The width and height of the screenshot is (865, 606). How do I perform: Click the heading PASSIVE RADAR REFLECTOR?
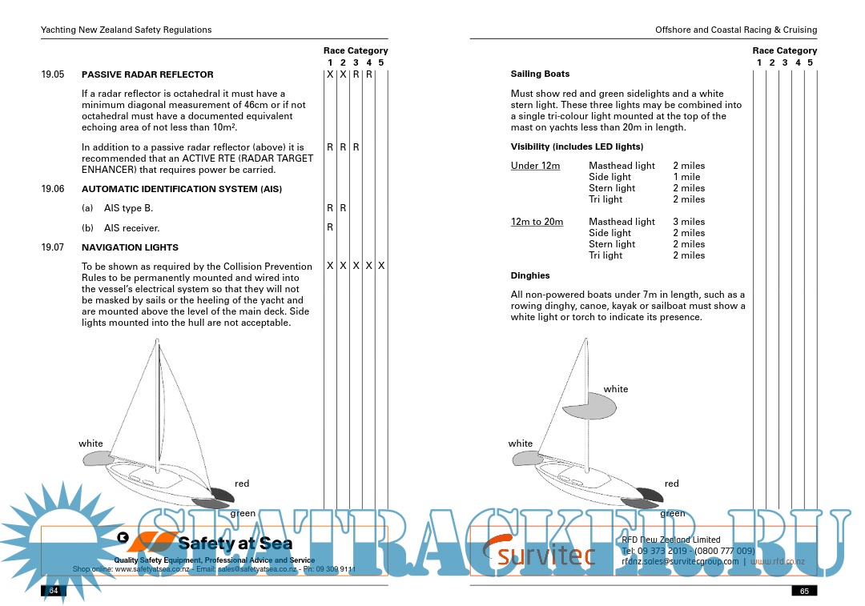click(x=147, y=74)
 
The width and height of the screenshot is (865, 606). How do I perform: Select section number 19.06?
click(x=53, y=189)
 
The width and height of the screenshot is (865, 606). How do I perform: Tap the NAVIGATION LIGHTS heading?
click(x=130, y=247)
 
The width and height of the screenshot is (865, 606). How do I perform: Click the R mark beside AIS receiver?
click(x=330, y=227)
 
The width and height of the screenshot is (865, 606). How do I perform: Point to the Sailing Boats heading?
click(x=540, y=74)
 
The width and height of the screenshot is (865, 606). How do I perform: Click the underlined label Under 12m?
click(x=535, y=166)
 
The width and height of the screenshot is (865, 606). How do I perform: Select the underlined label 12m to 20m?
click(x=537, y=222)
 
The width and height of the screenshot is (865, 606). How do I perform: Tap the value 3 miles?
click(x=689, y=222)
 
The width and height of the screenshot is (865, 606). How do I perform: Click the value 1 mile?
click(x=686, y=177)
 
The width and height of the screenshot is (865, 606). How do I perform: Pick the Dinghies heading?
click(x=530, y=275)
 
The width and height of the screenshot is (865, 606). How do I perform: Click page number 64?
click(x=54, y=591)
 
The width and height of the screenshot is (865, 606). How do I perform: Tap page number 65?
click(x=803, y=591)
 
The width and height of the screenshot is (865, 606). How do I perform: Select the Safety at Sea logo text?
click(x=228, y=544)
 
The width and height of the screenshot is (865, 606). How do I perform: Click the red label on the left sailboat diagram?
click(x=242, y=484)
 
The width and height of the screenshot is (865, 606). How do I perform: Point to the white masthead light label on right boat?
click(x=616, y=389)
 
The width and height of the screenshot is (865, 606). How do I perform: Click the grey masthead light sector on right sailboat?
click(x=590, y=408)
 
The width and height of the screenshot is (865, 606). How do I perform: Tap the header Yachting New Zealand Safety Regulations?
click(x=127, y=30)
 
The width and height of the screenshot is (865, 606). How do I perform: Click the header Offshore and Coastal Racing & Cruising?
click(x=735, y=30)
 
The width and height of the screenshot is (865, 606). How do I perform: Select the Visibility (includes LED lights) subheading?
click(x=577, y=146)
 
